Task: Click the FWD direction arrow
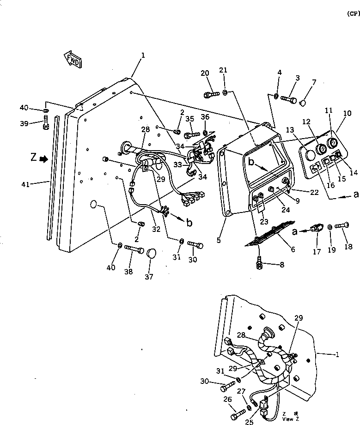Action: coord(73,60)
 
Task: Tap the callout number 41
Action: coord(25,184)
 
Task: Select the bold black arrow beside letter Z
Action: coord(43,158)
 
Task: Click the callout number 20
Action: coord(205,73)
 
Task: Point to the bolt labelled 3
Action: coord(288,98)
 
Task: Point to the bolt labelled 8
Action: coord(260,264)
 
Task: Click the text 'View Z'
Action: coord(288,419)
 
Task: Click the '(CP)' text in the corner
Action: coord(353,14)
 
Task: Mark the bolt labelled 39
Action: coord(46,123)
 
